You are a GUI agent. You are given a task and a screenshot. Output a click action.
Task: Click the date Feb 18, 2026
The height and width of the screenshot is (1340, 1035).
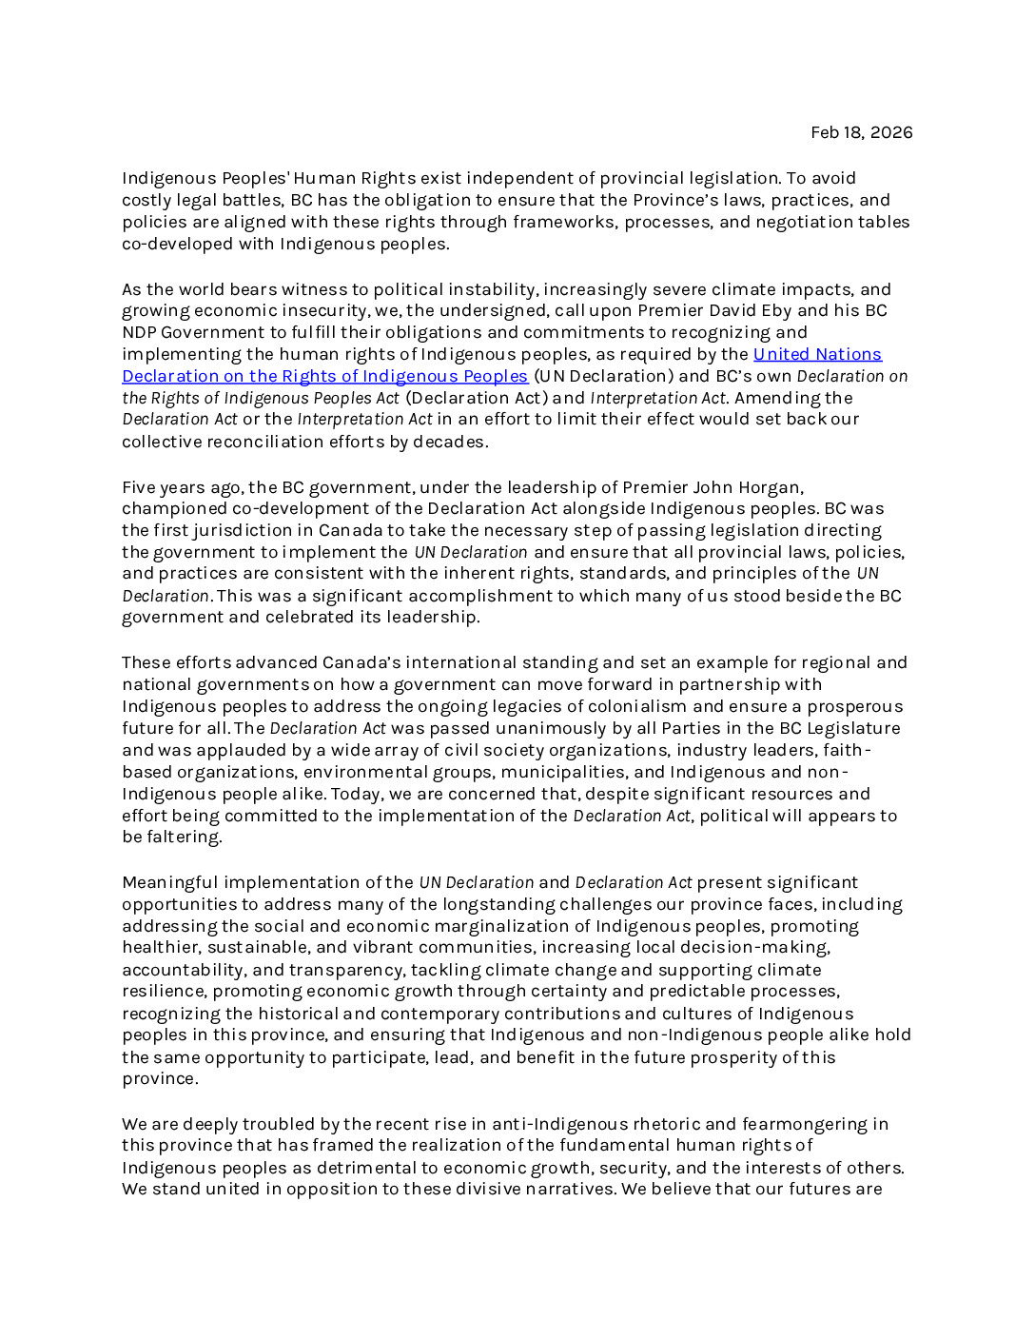(861, 132)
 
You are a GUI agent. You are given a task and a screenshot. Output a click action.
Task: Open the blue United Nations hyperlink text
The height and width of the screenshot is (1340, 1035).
(817, 354)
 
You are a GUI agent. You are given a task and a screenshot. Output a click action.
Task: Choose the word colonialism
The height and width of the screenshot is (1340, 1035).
(635, 706)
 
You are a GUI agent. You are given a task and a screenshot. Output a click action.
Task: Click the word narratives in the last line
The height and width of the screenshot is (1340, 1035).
(565, 1189)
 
